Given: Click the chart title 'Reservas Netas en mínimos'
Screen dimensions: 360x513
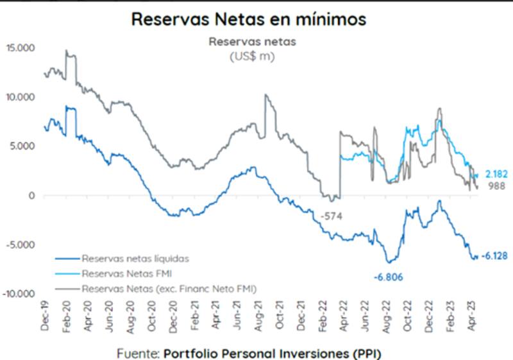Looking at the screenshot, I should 249,19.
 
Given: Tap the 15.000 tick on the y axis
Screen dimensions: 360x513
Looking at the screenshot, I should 21,48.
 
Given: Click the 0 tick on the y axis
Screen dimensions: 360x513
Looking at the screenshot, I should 31,196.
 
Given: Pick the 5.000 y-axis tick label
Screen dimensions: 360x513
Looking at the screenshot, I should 23,146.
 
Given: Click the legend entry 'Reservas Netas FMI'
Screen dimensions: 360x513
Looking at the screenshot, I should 127,274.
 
